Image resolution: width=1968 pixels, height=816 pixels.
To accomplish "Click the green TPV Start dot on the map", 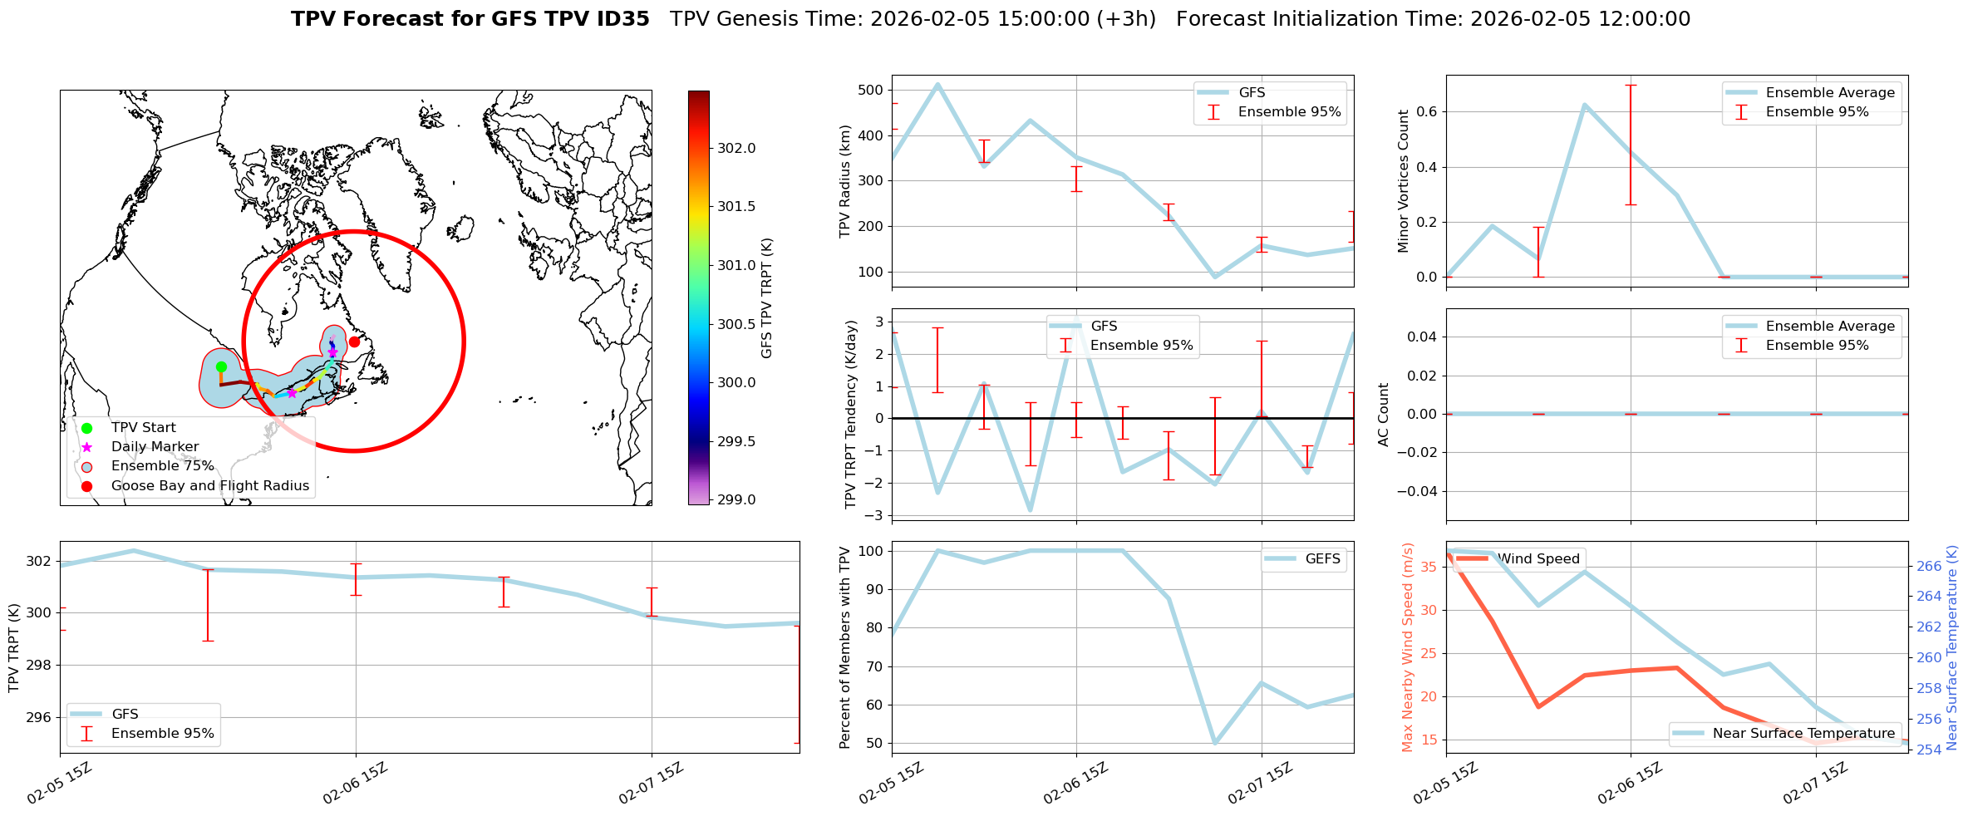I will pyautogui.click(x=221, y=366).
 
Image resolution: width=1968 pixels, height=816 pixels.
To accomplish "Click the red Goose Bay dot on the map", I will pyautogui.click(x=354, y=342).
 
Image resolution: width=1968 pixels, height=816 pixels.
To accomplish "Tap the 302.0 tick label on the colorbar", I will pyautogui.click(x=736, y=148).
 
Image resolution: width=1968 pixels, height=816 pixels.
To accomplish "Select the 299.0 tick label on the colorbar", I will pyautogui.click(x=736, y=499).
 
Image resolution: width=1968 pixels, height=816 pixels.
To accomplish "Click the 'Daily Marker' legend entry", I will pyautogui.click(x=155, y=447).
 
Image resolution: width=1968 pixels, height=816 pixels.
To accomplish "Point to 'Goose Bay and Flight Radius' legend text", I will pyautogui.click(x=209, y=486).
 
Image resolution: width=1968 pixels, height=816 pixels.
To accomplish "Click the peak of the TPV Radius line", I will pyautogui.click(x=937, y=84).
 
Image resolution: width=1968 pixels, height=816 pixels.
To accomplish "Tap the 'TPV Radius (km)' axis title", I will pyautogui.click(x=845, y=181).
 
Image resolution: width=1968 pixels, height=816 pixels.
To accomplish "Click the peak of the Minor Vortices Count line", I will pyautogui.click(x=1584, y=105).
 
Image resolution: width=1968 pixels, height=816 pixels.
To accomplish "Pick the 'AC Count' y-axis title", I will pyautogui.click(x=1384, y=414).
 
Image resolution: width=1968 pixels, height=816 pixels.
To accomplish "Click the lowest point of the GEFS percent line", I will pyautogui.click(x=1215, y=743).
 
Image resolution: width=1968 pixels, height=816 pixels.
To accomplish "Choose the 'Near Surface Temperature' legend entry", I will pyautogui.click(x=1803, y=734).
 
